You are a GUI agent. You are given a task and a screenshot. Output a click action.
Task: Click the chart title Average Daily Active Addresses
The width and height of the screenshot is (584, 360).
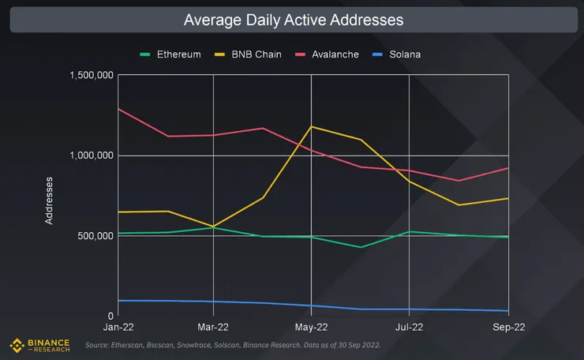[x=293, y=18]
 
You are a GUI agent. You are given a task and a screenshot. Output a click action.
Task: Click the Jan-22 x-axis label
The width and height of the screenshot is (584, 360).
[x=118, y=327]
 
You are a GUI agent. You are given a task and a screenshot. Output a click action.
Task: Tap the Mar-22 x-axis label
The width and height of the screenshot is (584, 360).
[x=213, y=327]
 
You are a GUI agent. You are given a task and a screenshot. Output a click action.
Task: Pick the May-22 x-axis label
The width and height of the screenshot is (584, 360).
[x=312, y=327]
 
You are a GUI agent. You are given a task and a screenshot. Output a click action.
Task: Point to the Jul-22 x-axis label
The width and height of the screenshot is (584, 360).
[x=409, y=327]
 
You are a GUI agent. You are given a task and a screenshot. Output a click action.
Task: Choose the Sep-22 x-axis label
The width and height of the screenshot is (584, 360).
[x=507, y=327]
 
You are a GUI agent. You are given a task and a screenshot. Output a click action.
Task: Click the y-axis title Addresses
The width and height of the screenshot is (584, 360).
[x=49, y=201]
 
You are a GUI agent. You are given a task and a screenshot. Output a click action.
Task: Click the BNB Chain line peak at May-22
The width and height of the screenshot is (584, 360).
[x=312, y=126]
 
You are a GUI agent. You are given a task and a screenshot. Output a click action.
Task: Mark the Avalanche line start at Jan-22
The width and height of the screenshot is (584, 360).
[x=118, y=109]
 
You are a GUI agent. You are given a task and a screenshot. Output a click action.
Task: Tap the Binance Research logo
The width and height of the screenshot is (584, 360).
[x=39, y=345]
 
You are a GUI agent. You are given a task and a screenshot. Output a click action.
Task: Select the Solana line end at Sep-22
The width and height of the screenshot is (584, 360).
[x=507, y=311]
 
